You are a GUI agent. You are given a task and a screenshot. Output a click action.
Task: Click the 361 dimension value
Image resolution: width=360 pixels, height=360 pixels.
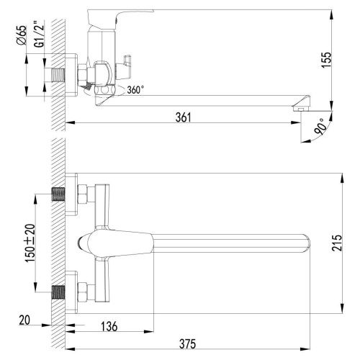pyautogui.click(x=184, y=118)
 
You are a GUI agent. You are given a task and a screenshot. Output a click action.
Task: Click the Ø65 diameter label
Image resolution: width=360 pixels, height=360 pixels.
pyautogui.click(x=21, y=35)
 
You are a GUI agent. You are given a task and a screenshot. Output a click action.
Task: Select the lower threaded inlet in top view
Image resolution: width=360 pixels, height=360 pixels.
pyautogui.click(x=57, y=292)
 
